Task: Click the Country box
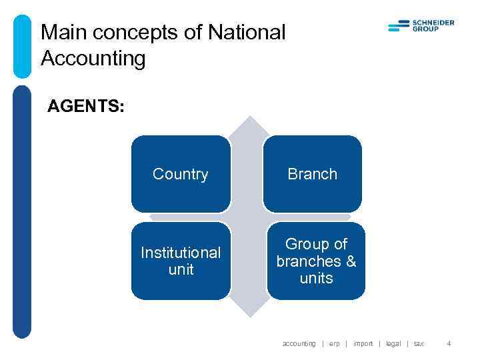(180, 174)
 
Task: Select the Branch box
(312, 174)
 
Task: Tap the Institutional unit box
(180, 261)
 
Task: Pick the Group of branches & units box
(316, 261)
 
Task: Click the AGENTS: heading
(85, 107)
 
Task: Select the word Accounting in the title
(93, 59)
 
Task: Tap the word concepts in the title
(140, 32)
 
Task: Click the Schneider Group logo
(421, 26)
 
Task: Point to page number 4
(449, 344)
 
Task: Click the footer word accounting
(299, 344)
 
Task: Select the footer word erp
(334, 344)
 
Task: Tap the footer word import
(363, 344)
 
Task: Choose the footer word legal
(393, 344)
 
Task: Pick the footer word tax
(418, 344)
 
